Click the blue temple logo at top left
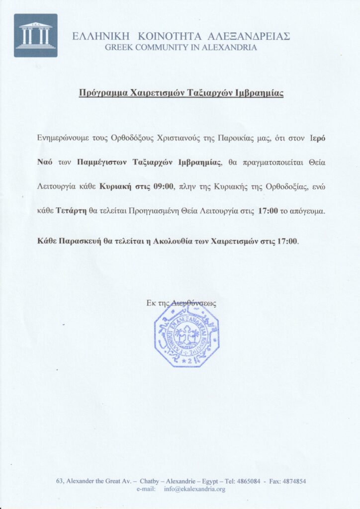coord(36,35)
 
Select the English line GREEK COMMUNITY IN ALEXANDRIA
coord(181,48)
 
